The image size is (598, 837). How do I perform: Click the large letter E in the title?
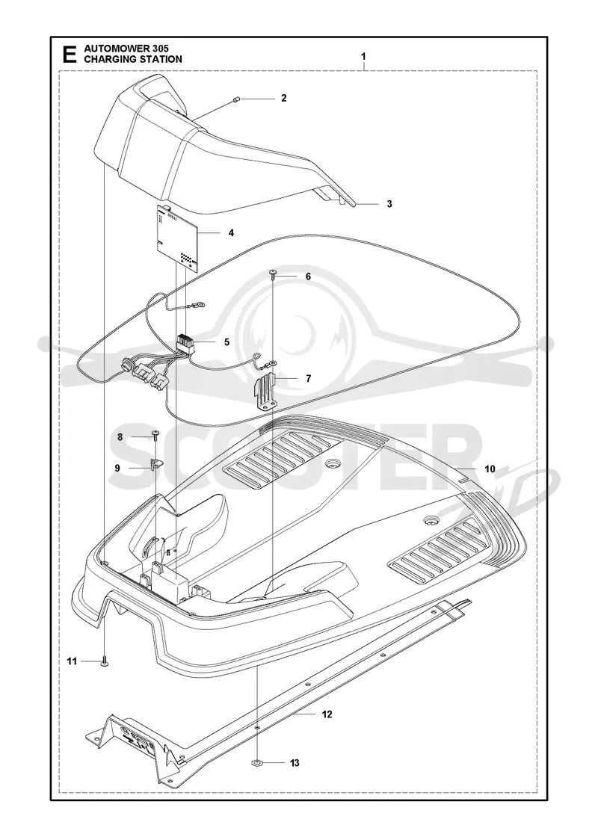(x=69, y=55)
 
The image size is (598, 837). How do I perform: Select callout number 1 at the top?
(x=363, y=56)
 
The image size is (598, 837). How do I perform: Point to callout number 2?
(x=283, y=98)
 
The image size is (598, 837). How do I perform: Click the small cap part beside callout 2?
(x=236, y=98)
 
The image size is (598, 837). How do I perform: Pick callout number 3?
(x=389, y=203)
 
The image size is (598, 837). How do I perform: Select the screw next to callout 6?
(x=274, y=276)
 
